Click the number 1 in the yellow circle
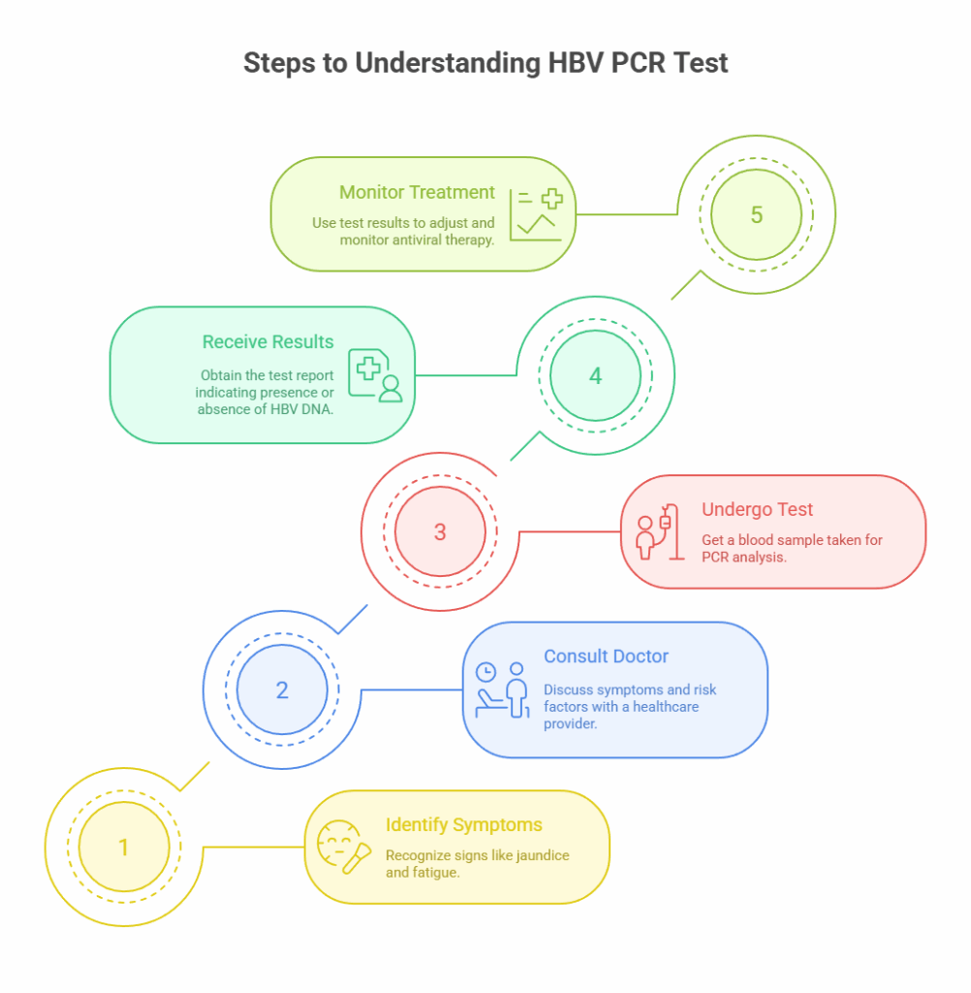pos(123,848)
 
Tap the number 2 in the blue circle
pos(282,690)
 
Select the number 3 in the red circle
pos(440,531)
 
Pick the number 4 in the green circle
pos(596,375)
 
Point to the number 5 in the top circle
pos(756,215)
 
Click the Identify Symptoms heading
pos(463,825)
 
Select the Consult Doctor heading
pos(606,657)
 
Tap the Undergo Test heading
pos(757,510)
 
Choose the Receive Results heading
pos(267,342)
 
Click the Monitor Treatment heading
pos(417,193)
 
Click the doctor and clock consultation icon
pos(502,689)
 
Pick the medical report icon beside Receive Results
pos(375,375)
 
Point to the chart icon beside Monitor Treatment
pos(536,214)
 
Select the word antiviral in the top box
pos(419,239)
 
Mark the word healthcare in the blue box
pos(663,707)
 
